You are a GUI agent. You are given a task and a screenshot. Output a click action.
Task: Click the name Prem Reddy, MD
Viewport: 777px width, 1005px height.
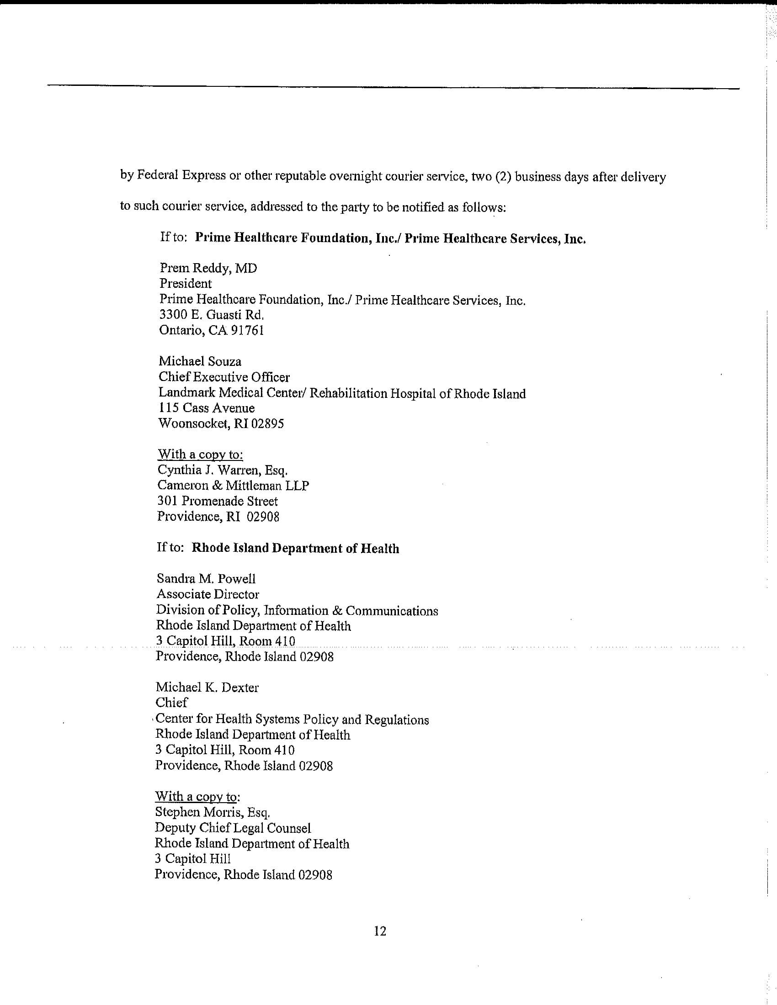(208, 268)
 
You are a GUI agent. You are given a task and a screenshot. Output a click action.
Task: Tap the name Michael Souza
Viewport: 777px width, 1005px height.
(200, 362)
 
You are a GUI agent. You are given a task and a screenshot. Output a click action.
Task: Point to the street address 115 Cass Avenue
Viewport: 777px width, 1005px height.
(207, 408)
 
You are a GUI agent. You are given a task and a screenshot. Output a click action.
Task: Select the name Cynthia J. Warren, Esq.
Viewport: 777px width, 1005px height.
(222, 470)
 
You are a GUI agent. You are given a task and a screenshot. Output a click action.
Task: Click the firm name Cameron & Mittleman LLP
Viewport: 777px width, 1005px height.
(233, 486)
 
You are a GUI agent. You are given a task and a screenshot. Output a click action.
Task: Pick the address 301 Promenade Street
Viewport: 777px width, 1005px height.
(218, 501)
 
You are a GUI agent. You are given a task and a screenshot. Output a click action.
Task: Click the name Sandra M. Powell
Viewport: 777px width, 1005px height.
(206, 579)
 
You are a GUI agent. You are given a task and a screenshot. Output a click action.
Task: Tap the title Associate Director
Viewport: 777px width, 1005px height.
(208, 594)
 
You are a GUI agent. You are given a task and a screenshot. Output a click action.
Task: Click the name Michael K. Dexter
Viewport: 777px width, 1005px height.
(207, 688)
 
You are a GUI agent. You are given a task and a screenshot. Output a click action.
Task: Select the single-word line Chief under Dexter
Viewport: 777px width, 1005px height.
(171, 703)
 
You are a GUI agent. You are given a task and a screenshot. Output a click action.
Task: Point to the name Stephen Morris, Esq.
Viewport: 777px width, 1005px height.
(212, 812)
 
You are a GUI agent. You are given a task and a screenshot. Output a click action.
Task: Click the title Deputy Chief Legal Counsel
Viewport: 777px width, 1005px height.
(233, 828)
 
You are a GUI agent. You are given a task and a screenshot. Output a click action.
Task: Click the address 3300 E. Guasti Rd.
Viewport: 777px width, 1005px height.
(212, 315)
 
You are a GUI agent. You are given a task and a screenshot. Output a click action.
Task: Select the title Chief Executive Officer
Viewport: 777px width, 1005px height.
(224, 377)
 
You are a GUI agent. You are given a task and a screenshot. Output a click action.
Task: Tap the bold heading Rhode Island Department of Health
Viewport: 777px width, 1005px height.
(295, 549)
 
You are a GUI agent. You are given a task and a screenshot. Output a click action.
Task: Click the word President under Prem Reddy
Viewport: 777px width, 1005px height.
(186, 284)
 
